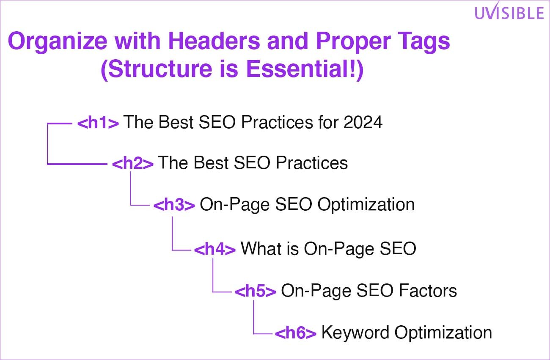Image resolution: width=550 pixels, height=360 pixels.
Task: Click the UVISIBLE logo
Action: tap(509, 11)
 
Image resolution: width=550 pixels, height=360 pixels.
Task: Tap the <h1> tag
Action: tap(98, 123)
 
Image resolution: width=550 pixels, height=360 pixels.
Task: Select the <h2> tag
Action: tap(133, 163)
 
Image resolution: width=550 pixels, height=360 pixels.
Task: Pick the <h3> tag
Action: tap(174, 205)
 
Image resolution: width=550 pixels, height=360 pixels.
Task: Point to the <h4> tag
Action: tap(215, 249)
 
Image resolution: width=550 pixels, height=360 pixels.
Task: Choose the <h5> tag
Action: tap(256, 291)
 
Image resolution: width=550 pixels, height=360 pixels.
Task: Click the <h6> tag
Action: tap(296, 333)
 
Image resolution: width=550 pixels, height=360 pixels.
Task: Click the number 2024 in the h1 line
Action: tap(363, 122)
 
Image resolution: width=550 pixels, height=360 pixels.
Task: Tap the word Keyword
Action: tap(355, 333)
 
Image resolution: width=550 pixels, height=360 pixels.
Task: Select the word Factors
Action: tap(428, 291)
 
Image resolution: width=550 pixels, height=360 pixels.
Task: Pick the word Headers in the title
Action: tap(214, 41)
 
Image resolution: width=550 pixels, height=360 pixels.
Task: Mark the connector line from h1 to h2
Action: tap(47, 144)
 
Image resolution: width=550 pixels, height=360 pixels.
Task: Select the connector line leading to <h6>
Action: tap(253, 317)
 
